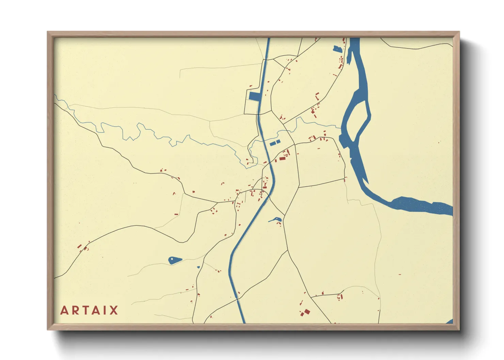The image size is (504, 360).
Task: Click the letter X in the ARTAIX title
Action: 114,310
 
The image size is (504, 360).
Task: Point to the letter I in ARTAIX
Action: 106,310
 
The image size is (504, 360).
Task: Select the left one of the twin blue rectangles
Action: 272,144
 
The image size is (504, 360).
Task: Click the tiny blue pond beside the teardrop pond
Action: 198,267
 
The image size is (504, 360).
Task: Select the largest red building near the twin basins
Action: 282,158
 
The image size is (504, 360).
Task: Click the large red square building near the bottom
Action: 307,312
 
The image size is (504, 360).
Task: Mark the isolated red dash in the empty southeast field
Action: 400,274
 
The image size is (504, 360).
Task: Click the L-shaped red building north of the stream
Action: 317,96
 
